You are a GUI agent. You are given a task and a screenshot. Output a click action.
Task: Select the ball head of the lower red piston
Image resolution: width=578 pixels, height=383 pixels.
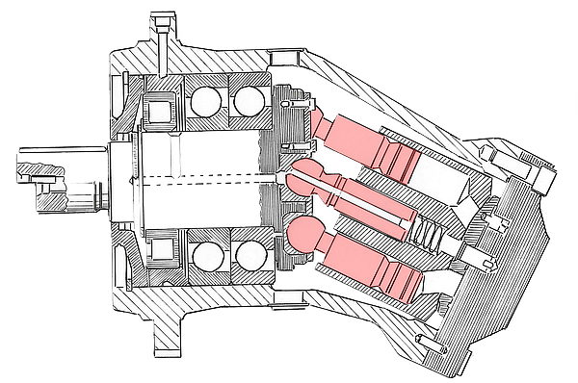click(302, 234)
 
